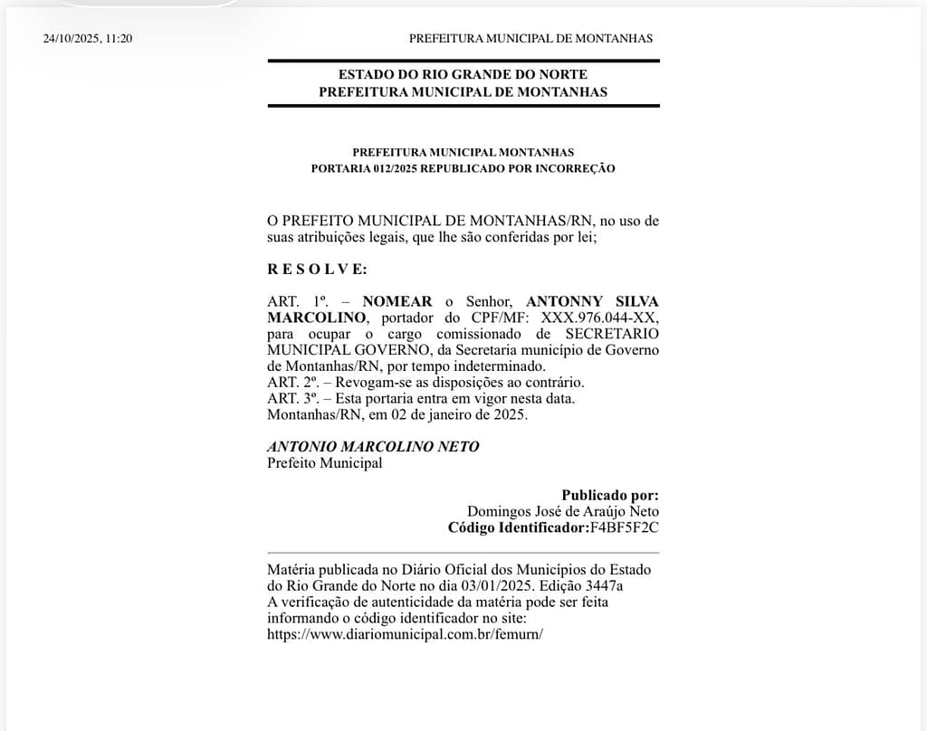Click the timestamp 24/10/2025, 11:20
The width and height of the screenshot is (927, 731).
point(88,39)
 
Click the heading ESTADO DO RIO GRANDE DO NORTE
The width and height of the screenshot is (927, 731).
point(463,74)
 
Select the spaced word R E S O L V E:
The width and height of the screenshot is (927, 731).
point(317,269)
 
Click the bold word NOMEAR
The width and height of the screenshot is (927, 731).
point(397,301)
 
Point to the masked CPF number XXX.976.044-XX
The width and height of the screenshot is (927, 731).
point(600,318)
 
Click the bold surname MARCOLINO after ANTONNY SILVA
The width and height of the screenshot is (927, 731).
point(316,318)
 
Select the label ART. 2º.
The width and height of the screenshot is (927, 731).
point(291,383)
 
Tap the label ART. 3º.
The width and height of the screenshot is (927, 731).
point(291,399)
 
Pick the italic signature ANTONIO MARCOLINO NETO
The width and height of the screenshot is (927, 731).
point(373,447)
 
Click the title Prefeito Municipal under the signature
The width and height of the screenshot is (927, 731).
point(325,463)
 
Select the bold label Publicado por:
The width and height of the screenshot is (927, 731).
point(610,496)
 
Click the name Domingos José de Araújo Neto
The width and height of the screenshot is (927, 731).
point(563,512)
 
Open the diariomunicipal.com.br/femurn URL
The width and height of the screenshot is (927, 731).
point(405,634)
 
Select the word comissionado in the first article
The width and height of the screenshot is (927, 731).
point(454,334)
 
